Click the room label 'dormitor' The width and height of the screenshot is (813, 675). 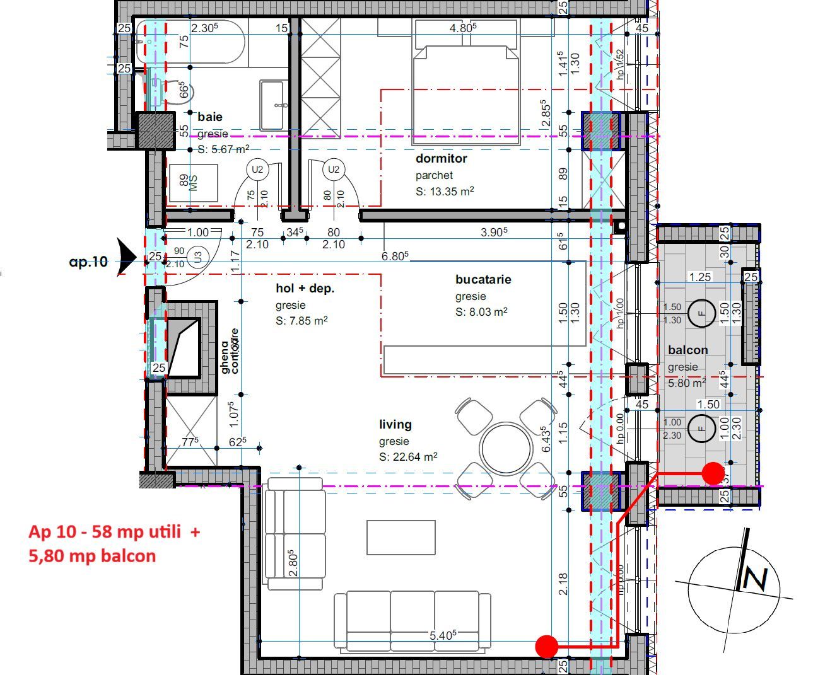click(x=441, y=159)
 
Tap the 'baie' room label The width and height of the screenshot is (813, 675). click(x=209, y=117)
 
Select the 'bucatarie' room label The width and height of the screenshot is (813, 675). click(x=483, y=279)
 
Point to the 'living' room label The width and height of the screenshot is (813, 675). click(x=395, y=425)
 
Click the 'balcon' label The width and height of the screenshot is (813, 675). click(x=687, y=350)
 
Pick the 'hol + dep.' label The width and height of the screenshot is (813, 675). click(x=305, y=289)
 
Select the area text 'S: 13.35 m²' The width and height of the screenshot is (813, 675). click(x=445, y=192)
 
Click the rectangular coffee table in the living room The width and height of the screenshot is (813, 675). click(x=401, y=537)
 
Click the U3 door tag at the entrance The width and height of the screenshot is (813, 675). click(x=198, y=257)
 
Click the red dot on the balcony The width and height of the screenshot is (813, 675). click(x=713, y=473)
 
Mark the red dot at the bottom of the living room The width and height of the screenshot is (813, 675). click(x=546, y=646)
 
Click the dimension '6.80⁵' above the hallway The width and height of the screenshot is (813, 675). click(x=395, y=256)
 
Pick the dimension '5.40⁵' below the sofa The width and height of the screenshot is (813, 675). click(x=443, y=635)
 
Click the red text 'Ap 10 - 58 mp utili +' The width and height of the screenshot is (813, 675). click(x=114, y=531)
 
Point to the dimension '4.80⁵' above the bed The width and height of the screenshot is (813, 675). click(x=462, y=28)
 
